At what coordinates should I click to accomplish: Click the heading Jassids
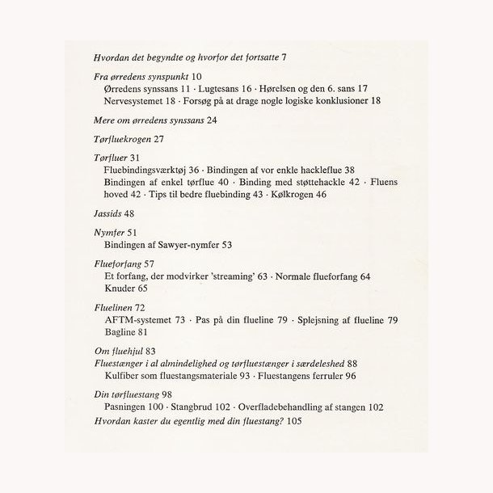[x=107, y=213]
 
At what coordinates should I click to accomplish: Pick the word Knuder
[x=120, y=289]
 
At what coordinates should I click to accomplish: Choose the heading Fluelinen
[x=113, y=308]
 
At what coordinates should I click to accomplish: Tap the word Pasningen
[x=128, y=409]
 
